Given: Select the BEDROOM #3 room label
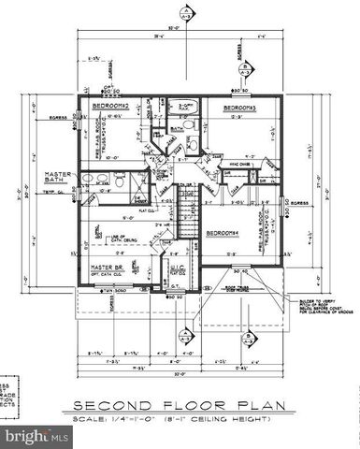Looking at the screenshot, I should pyautogui.click(x=238, y=109).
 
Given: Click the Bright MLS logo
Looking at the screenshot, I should pyautogui.click(x=36, y=436).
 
